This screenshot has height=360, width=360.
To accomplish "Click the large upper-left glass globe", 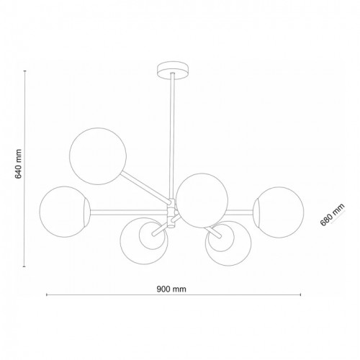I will (98, 153).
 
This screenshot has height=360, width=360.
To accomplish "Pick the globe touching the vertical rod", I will (202, 199).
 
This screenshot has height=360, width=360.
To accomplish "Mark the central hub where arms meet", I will (171, 210).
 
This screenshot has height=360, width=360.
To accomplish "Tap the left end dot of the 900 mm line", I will (47, 295).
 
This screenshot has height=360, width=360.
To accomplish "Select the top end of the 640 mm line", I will (27, 70).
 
